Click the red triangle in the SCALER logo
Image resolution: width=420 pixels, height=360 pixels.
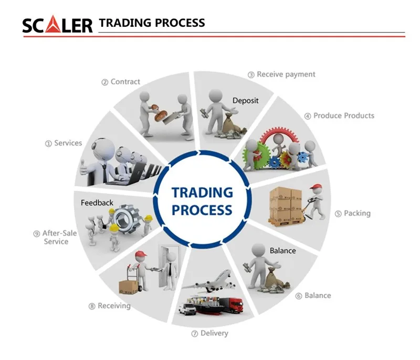pos(54,25)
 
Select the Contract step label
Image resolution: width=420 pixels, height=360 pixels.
pos(121,82)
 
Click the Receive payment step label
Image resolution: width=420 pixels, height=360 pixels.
pos(281,75)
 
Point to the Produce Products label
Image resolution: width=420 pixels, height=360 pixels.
pos(339,115)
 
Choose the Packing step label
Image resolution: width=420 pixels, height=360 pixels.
pos(353,213)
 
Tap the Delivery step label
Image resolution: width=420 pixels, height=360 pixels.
pos(209,333)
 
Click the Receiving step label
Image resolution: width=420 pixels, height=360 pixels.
pos(110,305)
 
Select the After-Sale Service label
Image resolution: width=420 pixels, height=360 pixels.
pos(55,237)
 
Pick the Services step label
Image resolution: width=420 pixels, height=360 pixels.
pos(64,143)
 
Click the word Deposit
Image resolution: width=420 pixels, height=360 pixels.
pos(245,101)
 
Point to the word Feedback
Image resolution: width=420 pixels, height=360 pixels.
pos(97,203)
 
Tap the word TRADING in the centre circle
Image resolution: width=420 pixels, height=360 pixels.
pos(202,193)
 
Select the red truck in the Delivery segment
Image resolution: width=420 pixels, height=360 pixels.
pos(232,305)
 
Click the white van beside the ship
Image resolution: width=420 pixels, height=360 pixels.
pos(187,309)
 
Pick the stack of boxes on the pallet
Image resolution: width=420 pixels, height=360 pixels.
pos(285,205)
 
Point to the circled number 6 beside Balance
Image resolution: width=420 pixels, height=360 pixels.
pos(299,296)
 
